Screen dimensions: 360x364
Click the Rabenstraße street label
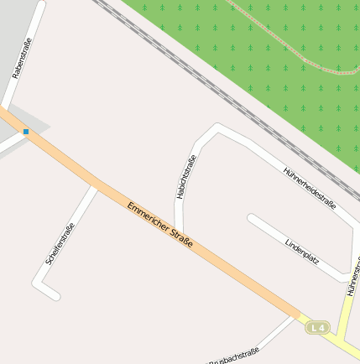[x=23, y=60]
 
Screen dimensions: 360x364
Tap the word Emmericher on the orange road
[x=148, y=216]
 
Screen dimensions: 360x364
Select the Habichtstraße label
[x=186, y=177]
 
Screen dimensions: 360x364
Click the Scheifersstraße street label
[x=61, y=244]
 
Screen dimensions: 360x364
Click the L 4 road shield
[x=316, y=327]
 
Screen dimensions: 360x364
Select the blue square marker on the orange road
[x=26, y=132]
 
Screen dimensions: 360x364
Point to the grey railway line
[x=210, y=84]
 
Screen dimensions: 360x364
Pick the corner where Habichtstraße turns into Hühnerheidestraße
[x=217, y=128]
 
